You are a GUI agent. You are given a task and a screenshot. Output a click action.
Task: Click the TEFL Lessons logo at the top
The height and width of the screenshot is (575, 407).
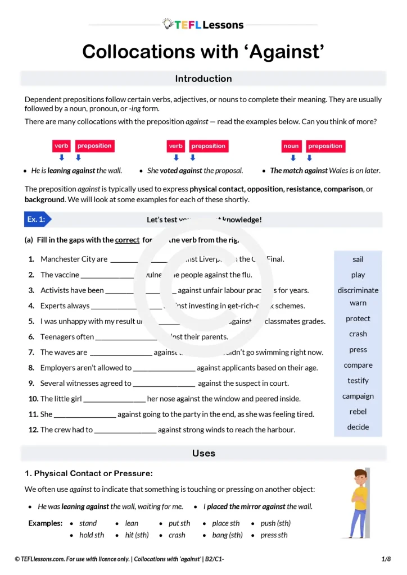[x=203, y=24]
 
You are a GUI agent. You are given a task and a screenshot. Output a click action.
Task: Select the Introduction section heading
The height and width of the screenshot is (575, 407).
[x=203, y=79]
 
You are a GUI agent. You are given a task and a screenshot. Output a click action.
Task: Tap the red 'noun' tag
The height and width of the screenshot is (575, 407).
[x=291, y=146]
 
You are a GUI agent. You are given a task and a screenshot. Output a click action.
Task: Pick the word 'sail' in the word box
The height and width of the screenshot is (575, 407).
[x=358, y=259]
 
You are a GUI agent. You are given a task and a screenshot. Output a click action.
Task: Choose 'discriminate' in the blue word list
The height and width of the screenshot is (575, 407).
[x=358, y=290]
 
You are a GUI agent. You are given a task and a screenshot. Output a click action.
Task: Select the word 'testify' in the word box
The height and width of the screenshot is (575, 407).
[x=358, y=381]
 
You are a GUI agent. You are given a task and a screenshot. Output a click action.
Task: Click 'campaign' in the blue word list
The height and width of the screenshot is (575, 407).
[x=358, y=396]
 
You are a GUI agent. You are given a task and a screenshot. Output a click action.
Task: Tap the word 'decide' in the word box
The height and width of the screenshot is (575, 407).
[x=358, y=427]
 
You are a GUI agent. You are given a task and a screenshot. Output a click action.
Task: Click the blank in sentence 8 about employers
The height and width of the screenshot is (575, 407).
[x=164, y=368]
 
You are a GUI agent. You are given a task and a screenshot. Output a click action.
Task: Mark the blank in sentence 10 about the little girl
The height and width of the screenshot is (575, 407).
[x=114, y=399]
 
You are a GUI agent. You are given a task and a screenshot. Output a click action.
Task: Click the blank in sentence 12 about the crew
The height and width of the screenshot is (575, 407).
[x=125, y=430]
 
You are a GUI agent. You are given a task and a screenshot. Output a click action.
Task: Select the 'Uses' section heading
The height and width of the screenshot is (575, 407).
[x=203, y=453]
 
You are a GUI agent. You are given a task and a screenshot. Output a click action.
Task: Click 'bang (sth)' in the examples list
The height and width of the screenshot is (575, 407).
[x=227, y=535]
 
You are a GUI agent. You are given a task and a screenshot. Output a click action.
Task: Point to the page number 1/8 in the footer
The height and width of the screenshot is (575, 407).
[x=386, y=559]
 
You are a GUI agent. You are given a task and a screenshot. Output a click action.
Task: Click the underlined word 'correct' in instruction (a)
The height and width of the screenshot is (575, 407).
[x=127, y=240]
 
